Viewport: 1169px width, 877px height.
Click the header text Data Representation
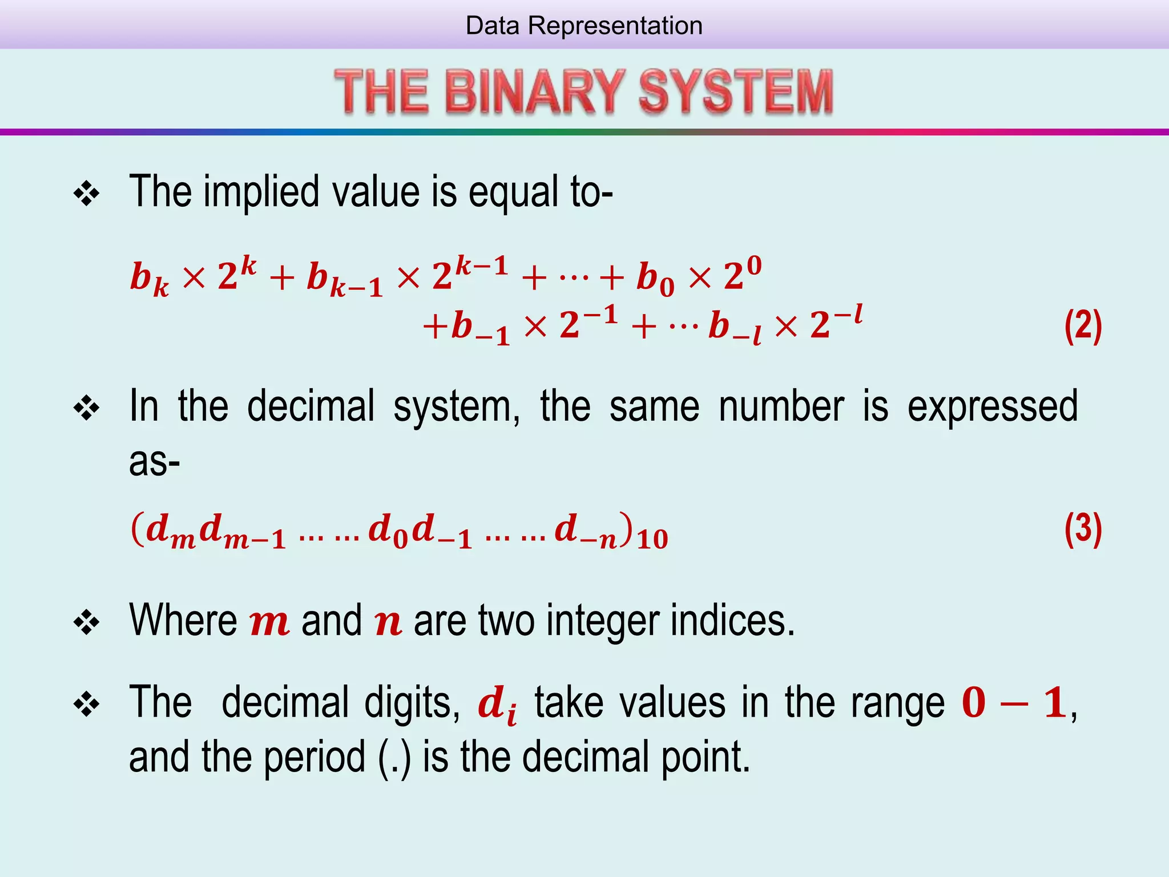click(584, 26)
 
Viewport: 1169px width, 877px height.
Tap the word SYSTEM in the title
click(736, 91)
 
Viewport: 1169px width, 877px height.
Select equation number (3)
click(1083, 529)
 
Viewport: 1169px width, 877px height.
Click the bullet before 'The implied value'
click(87, 194)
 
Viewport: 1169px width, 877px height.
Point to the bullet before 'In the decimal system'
click(87, 409)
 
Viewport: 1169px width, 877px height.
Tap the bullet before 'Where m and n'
click(87, 622)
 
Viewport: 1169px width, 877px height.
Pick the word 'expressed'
click(992, 407)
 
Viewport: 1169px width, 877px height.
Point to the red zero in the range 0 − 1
click(974, 702)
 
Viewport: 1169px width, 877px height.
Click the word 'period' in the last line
click(314, 757)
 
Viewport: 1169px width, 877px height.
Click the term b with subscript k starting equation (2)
click(149, 279)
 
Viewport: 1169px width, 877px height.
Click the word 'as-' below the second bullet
click(154, 461)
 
